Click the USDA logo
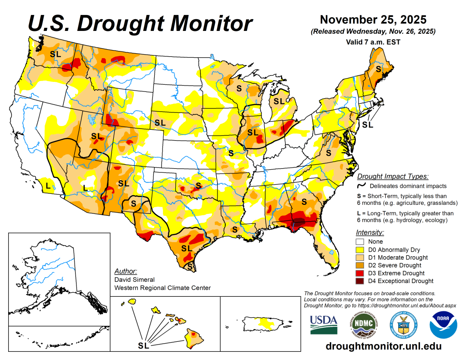tap(324, 324)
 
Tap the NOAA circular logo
tap(443, 324)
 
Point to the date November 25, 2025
tap(373, 20)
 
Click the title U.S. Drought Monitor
tap(140, 22)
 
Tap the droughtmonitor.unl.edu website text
tap(384, 346)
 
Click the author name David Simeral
tap(134, 279)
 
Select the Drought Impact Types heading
tap(393, 176)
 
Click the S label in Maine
tap(378, 69)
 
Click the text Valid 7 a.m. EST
tap(373, 41)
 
